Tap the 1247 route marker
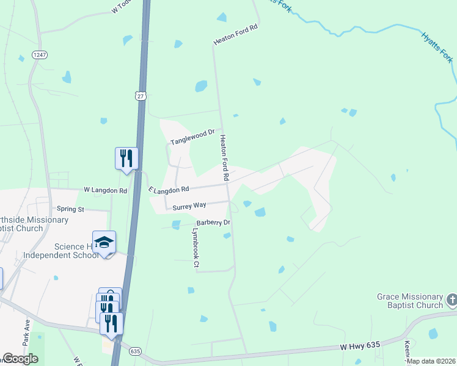(40, 55)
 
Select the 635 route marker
(135, 351)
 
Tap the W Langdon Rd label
(105, 191)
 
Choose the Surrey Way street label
(189, 207)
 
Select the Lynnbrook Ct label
(196, 248)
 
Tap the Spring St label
(70, 209)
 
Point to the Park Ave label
(26, 329)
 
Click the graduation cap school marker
(104, 242)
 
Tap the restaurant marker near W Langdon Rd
(126, 159)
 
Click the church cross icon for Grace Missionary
(452, 300)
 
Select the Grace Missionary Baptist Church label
(409, 301)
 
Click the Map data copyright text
(431, 361)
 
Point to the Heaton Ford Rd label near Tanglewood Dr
(224, 157)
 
